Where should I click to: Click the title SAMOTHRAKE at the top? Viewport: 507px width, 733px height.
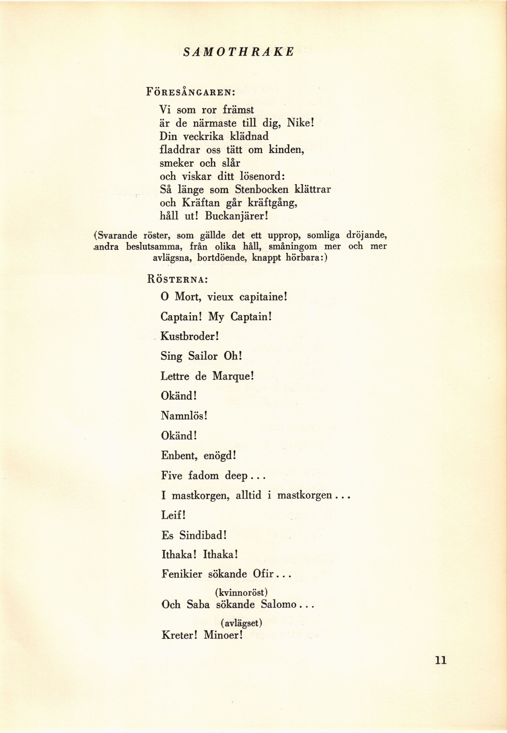coord(239,51)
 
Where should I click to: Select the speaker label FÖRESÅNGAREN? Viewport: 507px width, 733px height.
coord(190,92)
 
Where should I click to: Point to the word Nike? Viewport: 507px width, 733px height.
coord(299,123)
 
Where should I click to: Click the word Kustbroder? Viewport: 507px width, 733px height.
coord(189,336)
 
